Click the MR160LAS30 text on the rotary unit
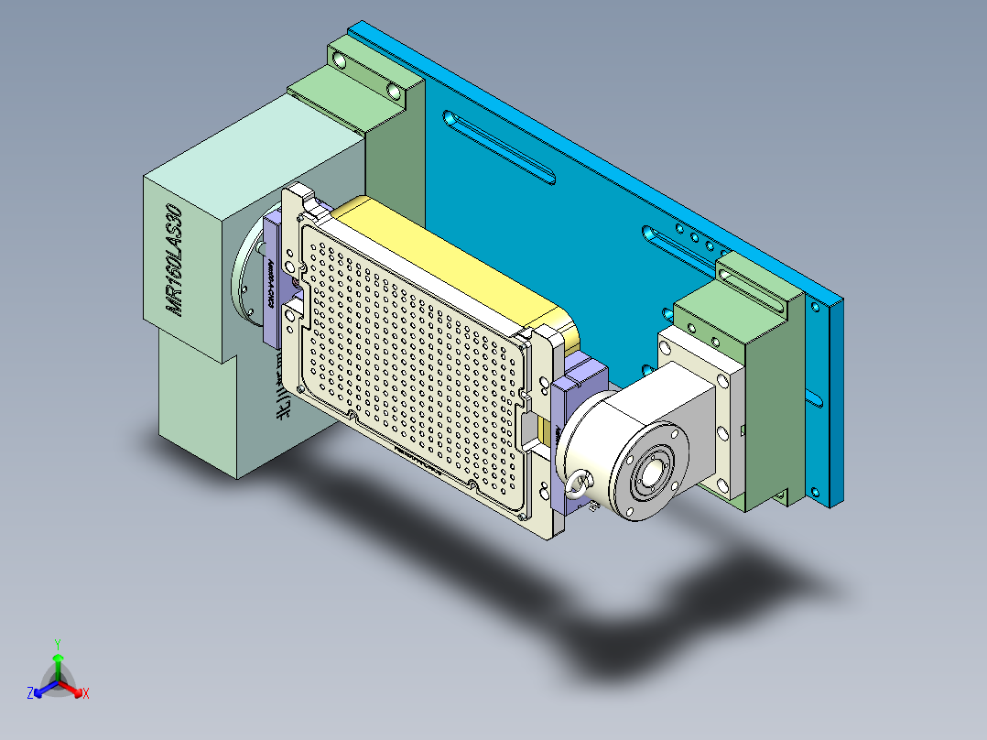174,260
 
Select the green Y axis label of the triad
57,644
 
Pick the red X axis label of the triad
85,694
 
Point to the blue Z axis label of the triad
30,694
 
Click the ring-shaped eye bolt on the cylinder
579,484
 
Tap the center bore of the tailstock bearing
652,473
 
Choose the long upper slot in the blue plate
499,146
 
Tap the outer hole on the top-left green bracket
341,60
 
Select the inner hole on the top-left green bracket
395,92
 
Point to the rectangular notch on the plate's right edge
529,425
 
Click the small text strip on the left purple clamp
272,285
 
